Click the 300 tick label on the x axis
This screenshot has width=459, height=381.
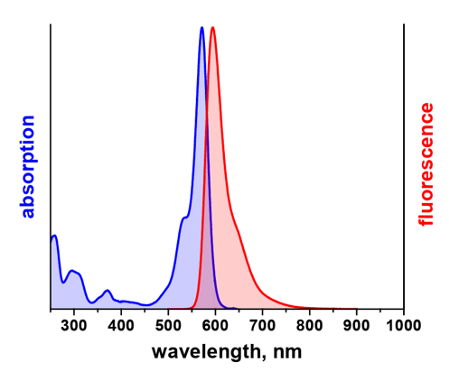point(74,326)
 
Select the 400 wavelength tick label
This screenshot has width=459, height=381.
point(121,326)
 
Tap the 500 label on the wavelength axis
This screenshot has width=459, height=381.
point(168,326)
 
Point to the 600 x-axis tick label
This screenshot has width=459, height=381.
point(215,326)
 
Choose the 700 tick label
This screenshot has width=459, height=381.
point(262,326)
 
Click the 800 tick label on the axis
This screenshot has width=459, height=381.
point(309,326)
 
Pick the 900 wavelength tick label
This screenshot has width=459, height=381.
point(356,326)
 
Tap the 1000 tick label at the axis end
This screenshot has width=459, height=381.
point(404,326)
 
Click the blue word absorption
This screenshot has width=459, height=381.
point(28,166)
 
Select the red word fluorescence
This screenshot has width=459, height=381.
point(426,164)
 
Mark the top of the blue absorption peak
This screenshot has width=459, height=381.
point(201,27)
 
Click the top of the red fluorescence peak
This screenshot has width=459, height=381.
point(212,27)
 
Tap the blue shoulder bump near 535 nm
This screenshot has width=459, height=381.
point(184,218)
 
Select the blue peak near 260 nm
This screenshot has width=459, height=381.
point(54,236)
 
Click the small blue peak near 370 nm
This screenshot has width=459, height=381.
point(108,290)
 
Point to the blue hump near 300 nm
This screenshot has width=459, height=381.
point(71,271)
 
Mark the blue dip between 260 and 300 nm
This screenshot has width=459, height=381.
point(63,283)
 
